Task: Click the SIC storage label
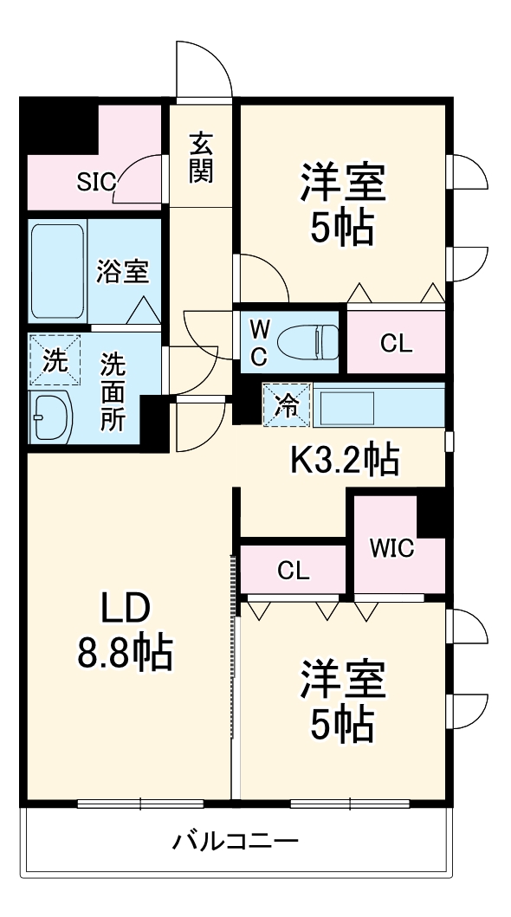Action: (95, 181)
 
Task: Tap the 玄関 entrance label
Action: (201, 157)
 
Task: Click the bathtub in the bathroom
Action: (57, 271)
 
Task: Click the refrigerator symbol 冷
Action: (286, 404)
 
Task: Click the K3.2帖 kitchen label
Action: (343, 459)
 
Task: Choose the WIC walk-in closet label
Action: (391, 548)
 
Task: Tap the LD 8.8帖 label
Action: (126, 630)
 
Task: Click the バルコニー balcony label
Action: (236, 840)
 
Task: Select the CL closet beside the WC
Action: (396, 343)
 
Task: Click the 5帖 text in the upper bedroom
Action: (341, 229)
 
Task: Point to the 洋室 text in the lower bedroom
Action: (342, 679)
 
